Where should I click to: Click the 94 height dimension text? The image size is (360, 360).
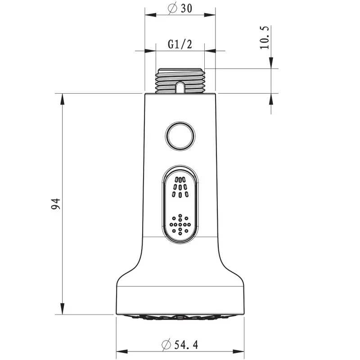pos(55,204)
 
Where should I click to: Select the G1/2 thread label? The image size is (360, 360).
pos(180,44)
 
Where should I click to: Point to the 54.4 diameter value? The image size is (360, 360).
pos(186,345)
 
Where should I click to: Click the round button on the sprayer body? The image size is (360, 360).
pos(180,135)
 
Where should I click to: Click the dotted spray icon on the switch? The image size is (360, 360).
pos(180,223)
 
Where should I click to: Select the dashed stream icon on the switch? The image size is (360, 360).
pos(180,187)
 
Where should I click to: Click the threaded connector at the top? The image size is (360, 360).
pos(180,81)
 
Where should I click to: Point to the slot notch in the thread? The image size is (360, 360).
pos(180,86)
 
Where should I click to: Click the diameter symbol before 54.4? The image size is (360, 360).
pos(166,345)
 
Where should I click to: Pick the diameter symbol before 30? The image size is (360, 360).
pos(171,9)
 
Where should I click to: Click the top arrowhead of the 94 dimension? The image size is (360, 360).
pos(62,98)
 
